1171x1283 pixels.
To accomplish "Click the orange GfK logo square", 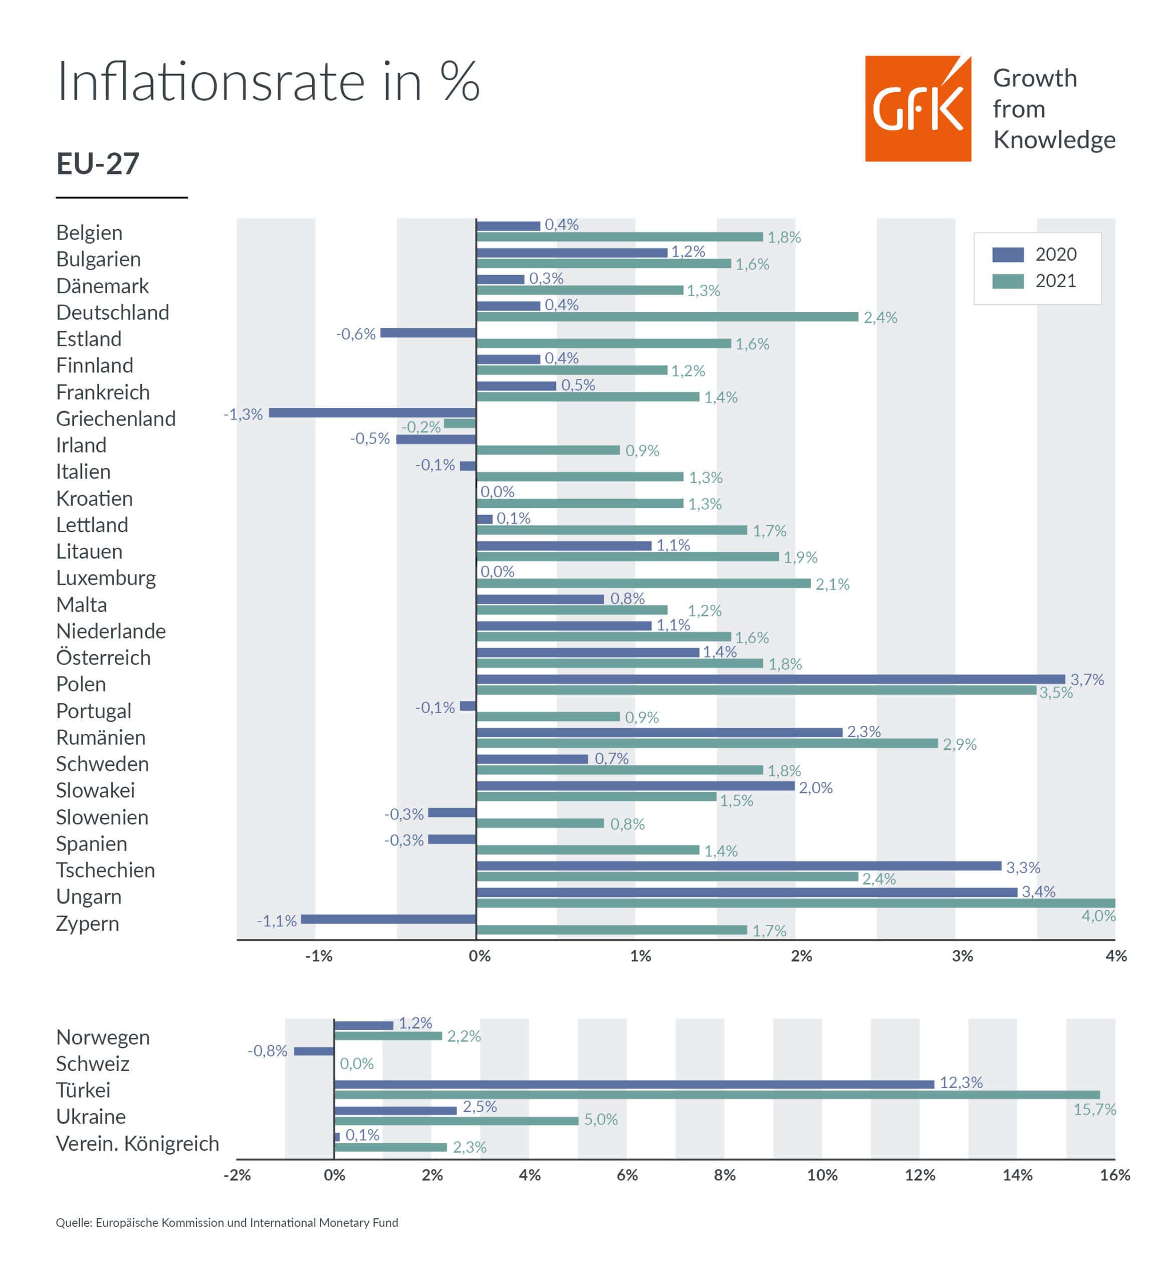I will (917, 108).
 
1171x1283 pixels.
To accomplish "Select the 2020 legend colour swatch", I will (1008, 255).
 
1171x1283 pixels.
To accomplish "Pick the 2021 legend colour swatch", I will (1008, 281).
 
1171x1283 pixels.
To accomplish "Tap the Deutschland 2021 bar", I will (667, 317).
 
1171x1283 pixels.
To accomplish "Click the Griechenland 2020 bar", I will (372, 413).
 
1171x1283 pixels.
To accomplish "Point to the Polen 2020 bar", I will (770, 679).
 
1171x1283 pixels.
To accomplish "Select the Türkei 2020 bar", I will (634, 1084).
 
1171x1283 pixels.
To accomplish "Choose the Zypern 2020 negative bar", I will (388, 919).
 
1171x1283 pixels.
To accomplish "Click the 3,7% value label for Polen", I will (1086, 680).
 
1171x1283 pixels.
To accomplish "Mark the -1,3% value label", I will (243, 414).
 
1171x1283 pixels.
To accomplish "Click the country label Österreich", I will (103, 658).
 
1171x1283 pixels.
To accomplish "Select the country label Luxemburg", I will (106, 578).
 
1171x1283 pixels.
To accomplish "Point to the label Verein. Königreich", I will (137, 1144).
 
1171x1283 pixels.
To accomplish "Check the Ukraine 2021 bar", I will (456, 1120).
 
